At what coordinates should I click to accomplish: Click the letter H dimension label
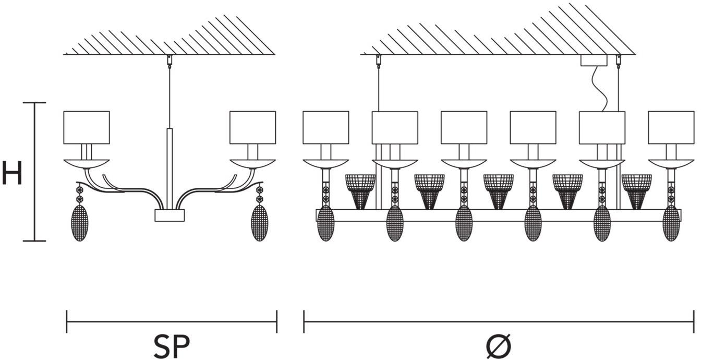(11, 173)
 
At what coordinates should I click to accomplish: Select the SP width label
(171, 345)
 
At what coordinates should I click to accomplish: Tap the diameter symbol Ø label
(499, 346)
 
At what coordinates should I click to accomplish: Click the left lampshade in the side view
(87, 127)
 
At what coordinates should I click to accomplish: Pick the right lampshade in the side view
(252, 127)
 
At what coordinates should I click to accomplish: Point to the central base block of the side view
(170, 215)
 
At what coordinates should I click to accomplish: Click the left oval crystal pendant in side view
(80, 223)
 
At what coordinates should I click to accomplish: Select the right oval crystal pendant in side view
(259, 223)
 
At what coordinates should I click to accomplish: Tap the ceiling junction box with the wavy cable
(594, 60)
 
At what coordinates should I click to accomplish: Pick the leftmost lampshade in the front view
(325, 127)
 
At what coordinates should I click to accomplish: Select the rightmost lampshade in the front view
(671, 127)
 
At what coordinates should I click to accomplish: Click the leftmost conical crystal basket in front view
(360, 190)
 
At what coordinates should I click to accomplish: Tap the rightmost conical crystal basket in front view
(636, 190)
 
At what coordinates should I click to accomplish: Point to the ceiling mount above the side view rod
(169, 59)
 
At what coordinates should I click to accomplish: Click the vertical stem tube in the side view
(170, 167)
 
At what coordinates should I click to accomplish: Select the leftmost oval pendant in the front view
(326, 223)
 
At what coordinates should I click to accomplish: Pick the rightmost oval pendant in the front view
(671, 223)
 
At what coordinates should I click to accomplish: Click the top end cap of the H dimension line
(34, 103)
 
